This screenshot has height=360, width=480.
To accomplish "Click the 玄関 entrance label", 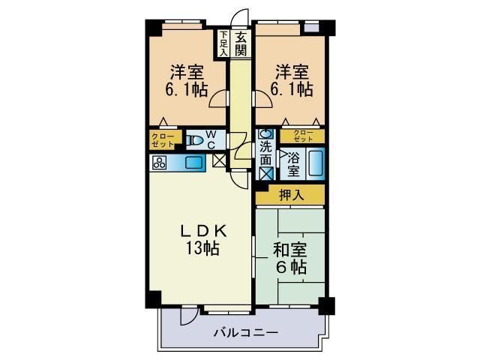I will pyautogui.click(x=241, y=43).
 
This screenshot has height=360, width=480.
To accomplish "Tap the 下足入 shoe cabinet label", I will pyautogui.click(x=223, y=43).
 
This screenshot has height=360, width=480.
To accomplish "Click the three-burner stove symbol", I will pyautogui.click(x=160, y=163).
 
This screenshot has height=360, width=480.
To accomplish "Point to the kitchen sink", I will pyautogui.click(x=193, y=162).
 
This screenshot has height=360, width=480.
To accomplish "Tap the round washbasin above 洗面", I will pyautogui.click(x=265, y=135).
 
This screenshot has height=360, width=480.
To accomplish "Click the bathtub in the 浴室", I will pyautogui.click(x=316, y=163).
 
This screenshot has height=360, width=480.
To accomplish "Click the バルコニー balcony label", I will pyautogui.click(x=245, y=331).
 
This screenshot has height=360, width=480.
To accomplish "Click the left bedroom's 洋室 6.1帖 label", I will pyautogui.click(x=187, y=82).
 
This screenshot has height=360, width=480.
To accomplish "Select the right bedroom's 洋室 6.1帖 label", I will pyautogui.click(x=291, y=82).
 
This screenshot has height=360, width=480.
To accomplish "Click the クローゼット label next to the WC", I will pyautogui.click(x=163, y=139).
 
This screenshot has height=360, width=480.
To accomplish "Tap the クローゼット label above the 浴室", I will pyautogui.click(x=303, y=136).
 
